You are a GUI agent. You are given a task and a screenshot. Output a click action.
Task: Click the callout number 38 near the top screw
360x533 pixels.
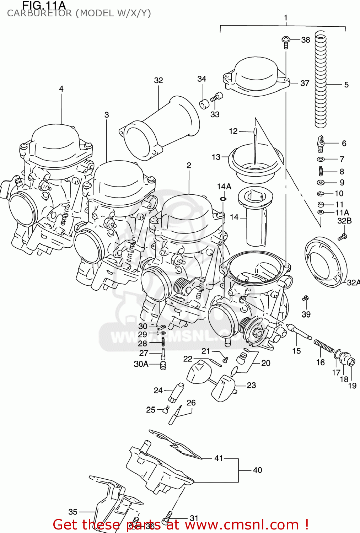click(x=306, y=40)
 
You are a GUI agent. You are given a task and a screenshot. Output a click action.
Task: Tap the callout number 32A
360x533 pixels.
click(x=353, y=282)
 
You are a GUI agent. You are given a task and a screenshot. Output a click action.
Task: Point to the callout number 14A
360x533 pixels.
click(x=224, y=187)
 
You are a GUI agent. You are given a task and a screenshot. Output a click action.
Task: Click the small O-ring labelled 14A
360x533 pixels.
click(x=223, y=198)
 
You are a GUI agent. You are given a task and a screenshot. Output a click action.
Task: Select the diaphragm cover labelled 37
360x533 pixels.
click(x=254, y=76)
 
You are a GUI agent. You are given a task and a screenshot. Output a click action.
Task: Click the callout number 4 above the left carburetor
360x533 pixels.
click(x=61, y=89)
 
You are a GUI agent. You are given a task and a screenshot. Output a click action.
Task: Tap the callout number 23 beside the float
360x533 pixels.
click(x=251, y=385)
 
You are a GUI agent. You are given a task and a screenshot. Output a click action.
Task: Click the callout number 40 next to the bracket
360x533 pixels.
click(x=258, y=470)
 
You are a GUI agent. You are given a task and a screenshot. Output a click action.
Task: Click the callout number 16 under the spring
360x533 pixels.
click(x=321, y=362)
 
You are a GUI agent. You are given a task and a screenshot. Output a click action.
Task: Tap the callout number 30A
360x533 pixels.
click(x=141, y=364)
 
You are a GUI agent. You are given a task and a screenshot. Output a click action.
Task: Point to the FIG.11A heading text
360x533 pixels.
click(x=44, y=5)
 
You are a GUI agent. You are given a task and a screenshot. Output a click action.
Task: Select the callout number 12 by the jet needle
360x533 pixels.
click(x=233, y=131)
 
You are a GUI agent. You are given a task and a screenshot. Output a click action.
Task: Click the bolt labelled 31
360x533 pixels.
click(x=167, y=518)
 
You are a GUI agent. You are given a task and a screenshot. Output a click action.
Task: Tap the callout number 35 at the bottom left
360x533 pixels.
click(x=73, y=512)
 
